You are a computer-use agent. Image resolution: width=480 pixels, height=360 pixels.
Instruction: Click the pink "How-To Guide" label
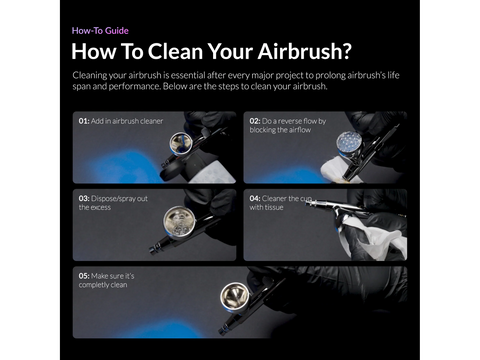(x=100, y=30)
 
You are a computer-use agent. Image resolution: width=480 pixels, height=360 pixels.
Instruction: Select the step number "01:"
(x=84, y=121)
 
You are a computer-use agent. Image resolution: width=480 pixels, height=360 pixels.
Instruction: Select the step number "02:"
(x=256, y=121)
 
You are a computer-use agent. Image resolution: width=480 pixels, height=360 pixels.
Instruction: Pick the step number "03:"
(x=84, y=198)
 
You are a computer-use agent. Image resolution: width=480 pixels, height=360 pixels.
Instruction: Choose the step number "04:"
(x=256, y=198)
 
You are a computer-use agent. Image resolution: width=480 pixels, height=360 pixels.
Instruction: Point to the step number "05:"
(x=84, y=275)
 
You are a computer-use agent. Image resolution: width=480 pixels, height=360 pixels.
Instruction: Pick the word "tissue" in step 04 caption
(x=275, y=208)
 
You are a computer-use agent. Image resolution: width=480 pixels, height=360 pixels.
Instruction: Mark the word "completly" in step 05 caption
(x=95, y=285)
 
